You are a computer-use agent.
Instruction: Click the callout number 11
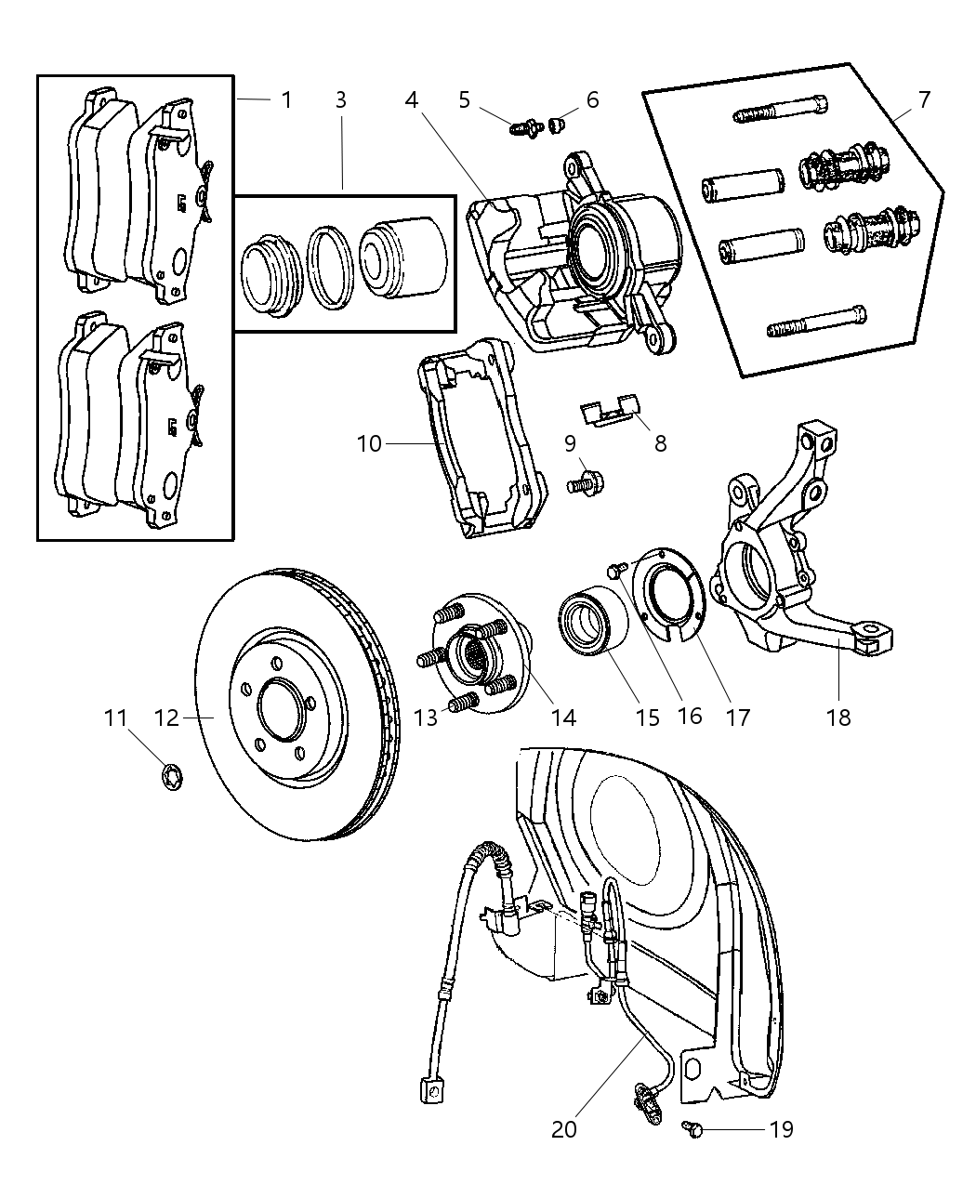tap(114, 718)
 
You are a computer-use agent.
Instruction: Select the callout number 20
tap(563, 1128)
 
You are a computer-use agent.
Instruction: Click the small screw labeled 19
tap(691, 1127)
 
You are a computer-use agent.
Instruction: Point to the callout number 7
tap(923, 99)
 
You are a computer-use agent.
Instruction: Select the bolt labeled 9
tap(583, 482)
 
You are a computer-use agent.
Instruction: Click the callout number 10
tap(369, 443)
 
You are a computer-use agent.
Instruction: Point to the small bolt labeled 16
tap(613, 569)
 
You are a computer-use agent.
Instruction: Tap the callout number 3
tap(341, 99)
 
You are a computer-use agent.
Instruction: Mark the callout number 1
tap(286, 99)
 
